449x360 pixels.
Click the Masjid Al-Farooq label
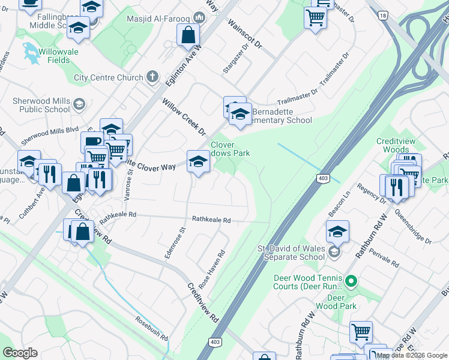pos(160,18)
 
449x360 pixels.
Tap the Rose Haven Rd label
pos(214,266)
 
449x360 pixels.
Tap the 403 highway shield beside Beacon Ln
pos(322,178)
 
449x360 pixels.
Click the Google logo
pos(20,353)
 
